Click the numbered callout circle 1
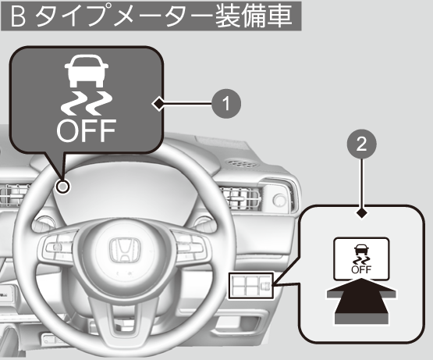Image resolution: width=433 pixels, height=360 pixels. [x=226, y=104]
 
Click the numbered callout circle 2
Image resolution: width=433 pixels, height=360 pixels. [x=362, y=144]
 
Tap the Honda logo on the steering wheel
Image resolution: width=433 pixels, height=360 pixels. [x=125, y=251]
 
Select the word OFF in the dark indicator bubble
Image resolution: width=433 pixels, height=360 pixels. [x=86, y=130]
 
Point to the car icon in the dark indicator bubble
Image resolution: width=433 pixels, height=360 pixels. [x=87, y=70]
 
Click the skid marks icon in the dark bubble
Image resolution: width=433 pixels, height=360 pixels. [x=87, y=103]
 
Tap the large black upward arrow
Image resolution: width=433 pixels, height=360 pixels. [x=361, y=301]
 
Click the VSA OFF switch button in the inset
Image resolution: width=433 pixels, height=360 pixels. [x=361, y=258]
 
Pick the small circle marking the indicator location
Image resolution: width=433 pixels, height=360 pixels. [x=63, y=187]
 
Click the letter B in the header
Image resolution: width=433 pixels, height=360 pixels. [x=18, y=16]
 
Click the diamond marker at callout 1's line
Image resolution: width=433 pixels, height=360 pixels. [x=158, y=104]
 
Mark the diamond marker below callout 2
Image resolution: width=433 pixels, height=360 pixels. [x=362, y=213]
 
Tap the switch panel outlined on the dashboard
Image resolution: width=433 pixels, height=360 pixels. [x=250, y=286]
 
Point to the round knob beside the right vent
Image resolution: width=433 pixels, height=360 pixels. [x=280, y=200]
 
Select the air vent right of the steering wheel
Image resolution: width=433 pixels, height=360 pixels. [x=243, y=197]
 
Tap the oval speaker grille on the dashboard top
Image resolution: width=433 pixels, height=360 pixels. [x=240, y=163]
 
